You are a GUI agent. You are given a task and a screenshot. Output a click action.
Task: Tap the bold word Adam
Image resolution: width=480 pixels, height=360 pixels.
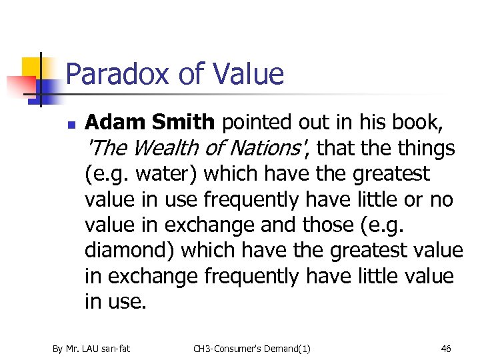pyautogui.click(x=116, y=123)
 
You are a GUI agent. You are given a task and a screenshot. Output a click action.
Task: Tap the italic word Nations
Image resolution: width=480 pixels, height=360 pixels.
pyautogui.click(x=262, y=148)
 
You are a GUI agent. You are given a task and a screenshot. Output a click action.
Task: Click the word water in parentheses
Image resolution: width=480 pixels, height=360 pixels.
pyautogui.click(x=164, y=174)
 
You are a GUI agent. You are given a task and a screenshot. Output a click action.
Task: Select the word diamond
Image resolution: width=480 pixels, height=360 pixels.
pyautogui.click(x=127, y=251)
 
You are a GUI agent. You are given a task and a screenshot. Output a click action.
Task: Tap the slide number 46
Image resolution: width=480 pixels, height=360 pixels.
pyautogui.click(x=446, y=348)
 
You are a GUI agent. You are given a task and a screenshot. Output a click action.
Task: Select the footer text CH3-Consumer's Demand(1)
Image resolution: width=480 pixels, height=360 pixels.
pyautogui.click(x=251, y=348)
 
